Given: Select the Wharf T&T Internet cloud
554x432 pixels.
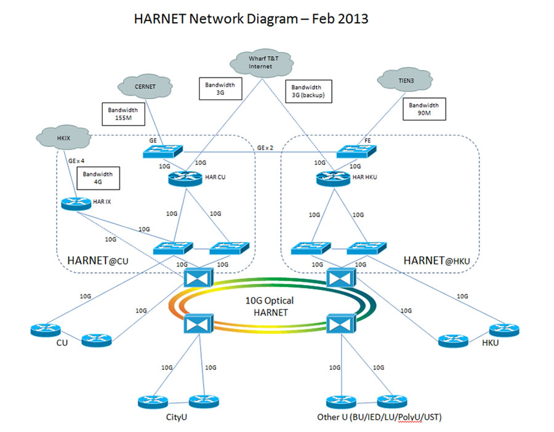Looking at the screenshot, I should click(260, 62).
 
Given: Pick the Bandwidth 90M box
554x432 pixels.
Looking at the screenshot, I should click(424, 109).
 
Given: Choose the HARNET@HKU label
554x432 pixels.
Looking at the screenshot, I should click(436, 261).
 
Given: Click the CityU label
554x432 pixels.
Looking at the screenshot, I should click(176, 417).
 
